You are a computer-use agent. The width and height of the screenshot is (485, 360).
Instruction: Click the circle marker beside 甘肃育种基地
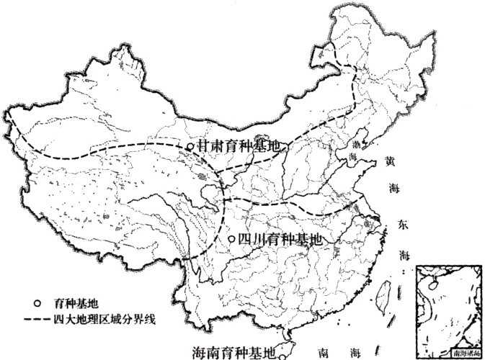tap(190, 147)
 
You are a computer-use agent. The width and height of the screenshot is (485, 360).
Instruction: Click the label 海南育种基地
tap(234, 353)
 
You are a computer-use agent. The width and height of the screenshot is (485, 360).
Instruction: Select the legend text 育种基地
tap(71, 303)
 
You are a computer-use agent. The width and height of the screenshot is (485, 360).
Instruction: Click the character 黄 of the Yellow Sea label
tap(390, 162)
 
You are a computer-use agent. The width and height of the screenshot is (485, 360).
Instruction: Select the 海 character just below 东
tap(404, 253)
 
